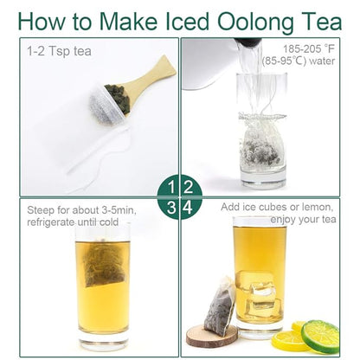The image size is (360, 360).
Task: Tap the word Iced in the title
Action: (188, 21)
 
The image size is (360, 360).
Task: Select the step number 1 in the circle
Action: (171, 187)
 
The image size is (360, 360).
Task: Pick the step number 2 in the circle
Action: (188, 187)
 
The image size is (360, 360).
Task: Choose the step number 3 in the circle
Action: (171, 208)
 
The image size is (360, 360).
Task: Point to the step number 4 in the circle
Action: (188, 208)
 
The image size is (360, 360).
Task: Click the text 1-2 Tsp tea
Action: (59, 52)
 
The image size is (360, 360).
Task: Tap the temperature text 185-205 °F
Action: (309, 48)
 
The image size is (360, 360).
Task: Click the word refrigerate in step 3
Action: (50, 222)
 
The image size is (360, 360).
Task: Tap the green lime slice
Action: (320, 337)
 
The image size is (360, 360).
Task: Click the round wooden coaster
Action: (212, 336)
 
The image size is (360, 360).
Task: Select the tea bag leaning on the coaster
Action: (219, 306)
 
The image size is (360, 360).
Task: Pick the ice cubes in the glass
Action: (259, 292)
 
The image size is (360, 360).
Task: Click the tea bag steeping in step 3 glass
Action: (103, 263)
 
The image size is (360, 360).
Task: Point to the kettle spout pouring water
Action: (248, 42)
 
